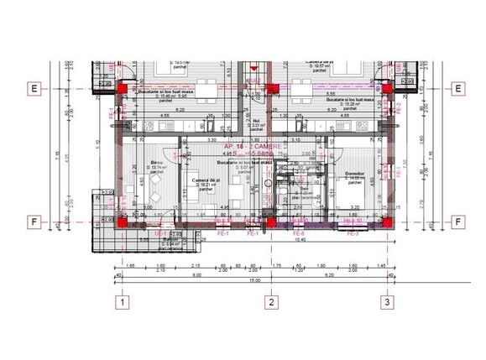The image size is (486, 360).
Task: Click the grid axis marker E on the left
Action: pos(34,88)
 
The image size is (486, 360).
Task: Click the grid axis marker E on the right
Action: pos(458,88)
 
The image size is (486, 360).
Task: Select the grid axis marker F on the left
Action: pos(34,222)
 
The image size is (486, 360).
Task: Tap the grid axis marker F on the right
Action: pos(458,222)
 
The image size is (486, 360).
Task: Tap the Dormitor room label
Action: pos(355,174)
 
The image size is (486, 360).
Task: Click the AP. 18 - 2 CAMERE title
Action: pos(253,146)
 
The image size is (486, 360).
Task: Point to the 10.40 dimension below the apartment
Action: pos(300,239)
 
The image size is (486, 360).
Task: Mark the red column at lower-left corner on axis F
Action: pos(123,223)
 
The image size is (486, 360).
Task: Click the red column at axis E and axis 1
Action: pos(123,87)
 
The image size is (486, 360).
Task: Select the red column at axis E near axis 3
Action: pos(386,87)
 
